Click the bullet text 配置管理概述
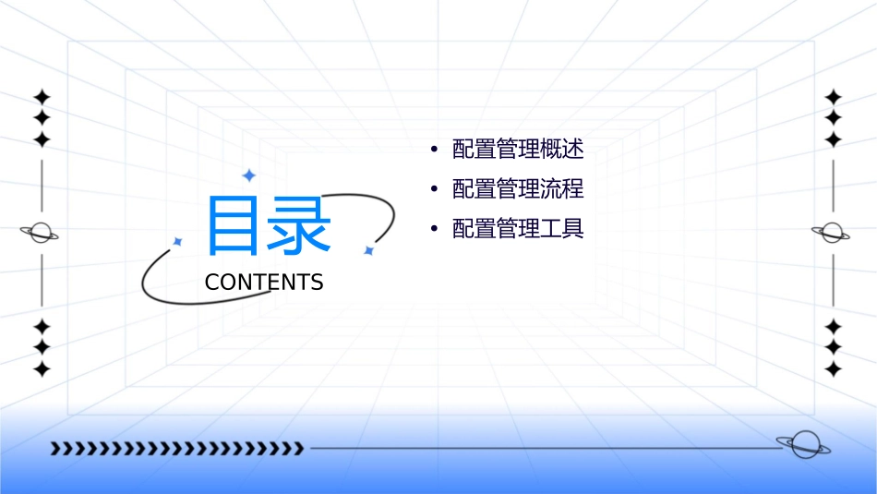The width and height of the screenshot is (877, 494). [518, 150]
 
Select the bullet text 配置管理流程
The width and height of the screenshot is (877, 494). [518, 189]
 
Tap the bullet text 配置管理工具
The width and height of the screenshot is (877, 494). [518, 229]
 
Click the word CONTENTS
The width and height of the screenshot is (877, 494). [264, 283]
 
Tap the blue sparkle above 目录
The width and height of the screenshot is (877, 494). [248, 175]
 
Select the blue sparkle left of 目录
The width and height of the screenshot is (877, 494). [178, 242]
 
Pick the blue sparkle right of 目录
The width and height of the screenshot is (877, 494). [368, 250]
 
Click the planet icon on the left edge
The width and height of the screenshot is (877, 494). [41, 233]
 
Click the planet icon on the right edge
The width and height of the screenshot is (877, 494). [832, 233]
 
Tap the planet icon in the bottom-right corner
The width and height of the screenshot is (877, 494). [803, 444]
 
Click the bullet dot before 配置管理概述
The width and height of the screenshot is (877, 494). [434, 150]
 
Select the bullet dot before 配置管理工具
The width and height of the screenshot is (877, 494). [434, 229]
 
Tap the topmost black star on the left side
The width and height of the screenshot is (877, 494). [42, 97]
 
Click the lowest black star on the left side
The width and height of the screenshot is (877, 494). [42, 368]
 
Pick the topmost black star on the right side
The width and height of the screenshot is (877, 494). [834, 97]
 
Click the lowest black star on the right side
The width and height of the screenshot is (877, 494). [834, 368]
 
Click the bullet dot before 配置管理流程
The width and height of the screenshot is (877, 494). [434, 189]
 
